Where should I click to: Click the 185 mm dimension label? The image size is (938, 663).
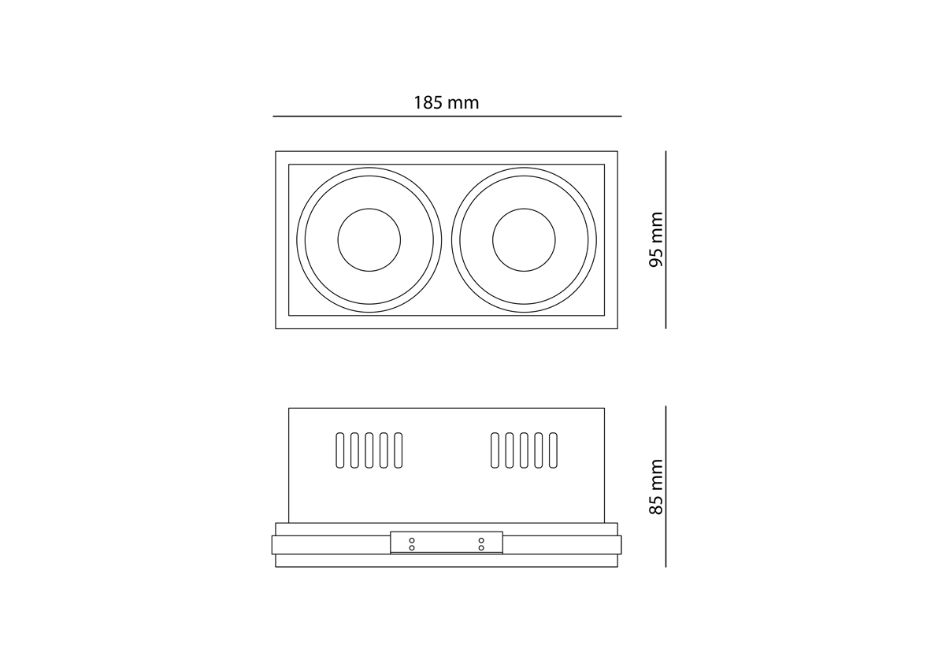click(447, 103)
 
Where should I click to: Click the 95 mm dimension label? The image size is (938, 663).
click(656, 239)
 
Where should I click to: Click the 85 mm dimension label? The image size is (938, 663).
click(656, 487)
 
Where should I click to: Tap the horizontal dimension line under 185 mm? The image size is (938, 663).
click(447, 116)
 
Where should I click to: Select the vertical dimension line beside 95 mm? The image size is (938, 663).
click(665, 239)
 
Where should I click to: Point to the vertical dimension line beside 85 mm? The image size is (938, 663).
click(665, 487)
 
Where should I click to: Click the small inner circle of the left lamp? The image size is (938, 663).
click(369, 208)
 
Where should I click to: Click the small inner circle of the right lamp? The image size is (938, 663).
click(524, 208)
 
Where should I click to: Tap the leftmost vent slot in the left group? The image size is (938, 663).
click(339, 450)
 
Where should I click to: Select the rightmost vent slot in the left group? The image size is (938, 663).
click(399, 450)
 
